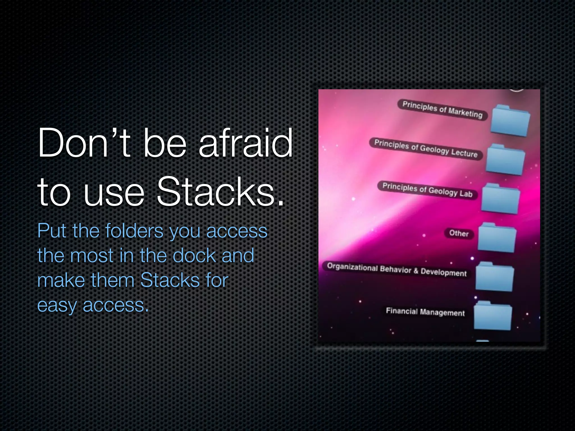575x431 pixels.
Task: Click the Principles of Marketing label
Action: [x=442, y=109]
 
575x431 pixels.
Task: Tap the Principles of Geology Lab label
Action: [x=427, y=190]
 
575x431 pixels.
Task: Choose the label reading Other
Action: [x=459, y=233]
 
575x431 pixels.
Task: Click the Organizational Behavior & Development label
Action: [x=397, y=270]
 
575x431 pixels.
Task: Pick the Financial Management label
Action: [x=425, y=312]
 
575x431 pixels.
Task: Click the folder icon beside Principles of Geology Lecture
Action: [x=505, y=160]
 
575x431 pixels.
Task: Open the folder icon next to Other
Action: [x=497, y=238]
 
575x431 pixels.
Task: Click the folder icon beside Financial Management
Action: [x=492, y=316]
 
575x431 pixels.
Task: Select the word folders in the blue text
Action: [x=134, y=231]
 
